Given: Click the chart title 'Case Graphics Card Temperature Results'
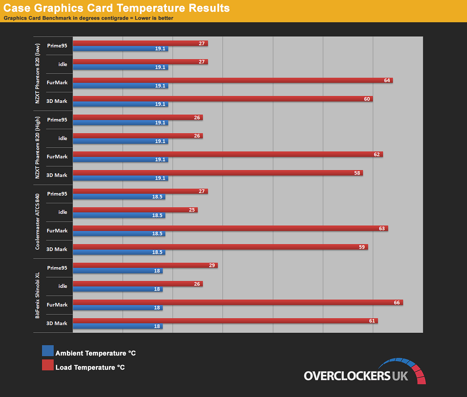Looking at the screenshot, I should coord(116,8).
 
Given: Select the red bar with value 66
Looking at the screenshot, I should coord(238,303).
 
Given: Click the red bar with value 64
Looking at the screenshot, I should coord(233,80).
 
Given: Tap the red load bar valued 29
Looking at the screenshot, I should coord(145,265).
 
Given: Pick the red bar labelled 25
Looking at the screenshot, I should coord(135,210).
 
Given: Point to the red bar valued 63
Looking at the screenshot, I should coord(230,228).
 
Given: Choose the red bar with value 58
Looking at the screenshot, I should coord(218,173).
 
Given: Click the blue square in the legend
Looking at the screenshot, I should coord(48,351).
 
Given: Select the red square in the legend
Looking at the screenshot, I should coord(48,365).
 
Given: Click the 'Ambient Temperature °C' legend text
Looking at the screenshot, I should coord(96,353).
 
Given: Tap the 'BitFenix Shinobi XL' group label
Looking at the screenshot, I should coord(37,295).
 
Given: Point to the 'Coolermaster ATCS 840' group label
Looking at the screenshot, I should coord(37,222).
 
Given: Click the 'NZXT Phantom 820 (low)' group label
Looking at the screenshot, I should coord(37,74).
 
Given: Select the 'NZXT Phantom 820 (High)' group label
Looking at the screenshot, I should coord(37,147).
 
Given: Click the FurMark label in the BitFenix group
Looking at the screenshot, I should coord(57,305).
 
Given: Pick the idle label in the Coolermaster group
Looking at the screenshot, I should coord(63,212).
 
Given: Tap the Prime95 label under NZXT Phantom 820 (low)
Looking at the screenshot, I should coord(57,46).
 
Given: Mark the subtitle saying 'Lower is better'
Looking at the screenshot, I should coord(154,18).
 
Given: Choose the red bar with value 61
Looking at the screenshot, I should coord(225,321).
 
